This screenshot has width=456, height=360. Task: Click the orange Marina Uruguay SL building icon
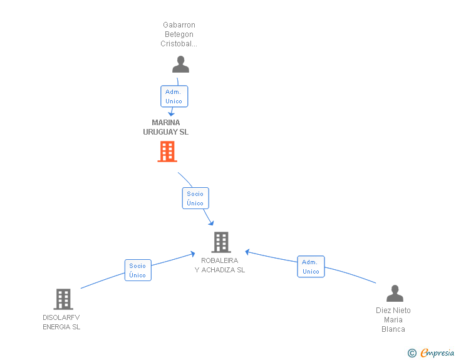click(167, 152)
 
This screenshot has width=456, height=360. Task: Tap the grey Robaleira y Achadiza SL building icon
click(221, 242)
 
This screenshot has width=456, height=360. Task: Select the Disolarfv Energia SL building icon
click(63, 299)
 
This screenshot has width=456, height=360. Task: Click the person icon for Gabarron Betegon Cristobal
click(180, 64)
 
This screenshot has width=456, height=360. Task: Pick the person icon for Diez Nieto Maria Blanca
click(395, 293)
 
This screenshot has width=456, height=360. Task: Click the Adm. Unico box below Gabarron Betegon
click(174, 96)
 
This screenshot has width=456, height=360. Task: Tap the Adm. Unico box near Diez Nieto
click(311, 266)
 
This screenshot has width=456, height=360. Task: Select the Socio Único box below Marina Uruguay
click(195, 198)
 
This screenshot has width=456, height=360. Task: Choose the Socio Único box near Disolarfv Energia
click(138, 270)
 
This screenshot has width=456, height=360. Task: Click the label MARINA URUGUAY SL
click(166, 127)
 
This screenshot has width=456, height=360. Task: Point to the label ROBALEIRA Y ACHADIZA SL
click(220, 265)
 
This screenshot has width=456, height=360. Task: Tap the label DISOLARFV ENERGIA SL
click(61, 322)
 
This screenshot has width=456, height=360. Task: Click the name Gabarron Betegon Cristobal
click(179, 34)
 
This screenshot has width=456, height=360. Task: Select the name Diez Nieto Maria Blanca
click(393, 319)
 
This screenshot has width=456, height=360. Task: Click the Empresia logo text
click(437, 352)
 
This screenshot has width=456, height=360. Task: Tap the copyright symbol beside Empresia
click(412, 353)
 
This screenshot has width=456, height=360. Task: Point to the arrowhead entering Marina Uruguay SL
click(171, 114)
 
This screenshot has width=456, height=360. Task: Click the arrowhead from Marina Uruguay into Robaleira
click(212, 223)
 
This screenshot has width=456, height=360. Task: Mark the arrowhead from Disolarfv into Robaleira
click(192, 254)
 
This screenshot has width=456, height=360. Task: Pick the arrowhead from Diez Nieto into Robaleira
click(247, 252)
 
